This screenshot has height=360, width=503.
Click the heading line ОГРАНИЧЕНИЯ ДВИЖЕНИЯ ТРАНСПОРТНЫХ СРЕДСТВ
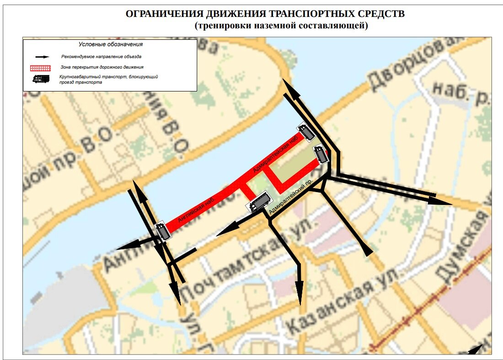[x=265, y=14]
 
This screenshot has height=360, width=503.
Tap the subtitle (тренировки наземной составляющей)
[x=281, y=26]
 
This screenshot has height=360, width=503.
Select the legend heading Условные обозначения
[x=111, y=44]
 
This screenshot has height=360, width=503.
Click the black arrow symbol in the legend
[x=43, y=57]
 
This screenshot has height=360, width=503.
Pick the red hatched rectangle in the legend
[x=43, y=68]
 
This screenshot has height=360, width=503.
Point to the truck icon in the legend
[x=42, y=79]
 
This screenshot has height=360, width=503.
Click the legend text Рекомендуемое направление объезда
[x=101, y=57]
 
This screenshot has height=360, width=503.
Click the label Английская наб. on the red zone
[x=197, y=213]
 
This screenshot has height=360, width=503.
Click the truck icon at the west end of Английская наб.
[x=163, y=231]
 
